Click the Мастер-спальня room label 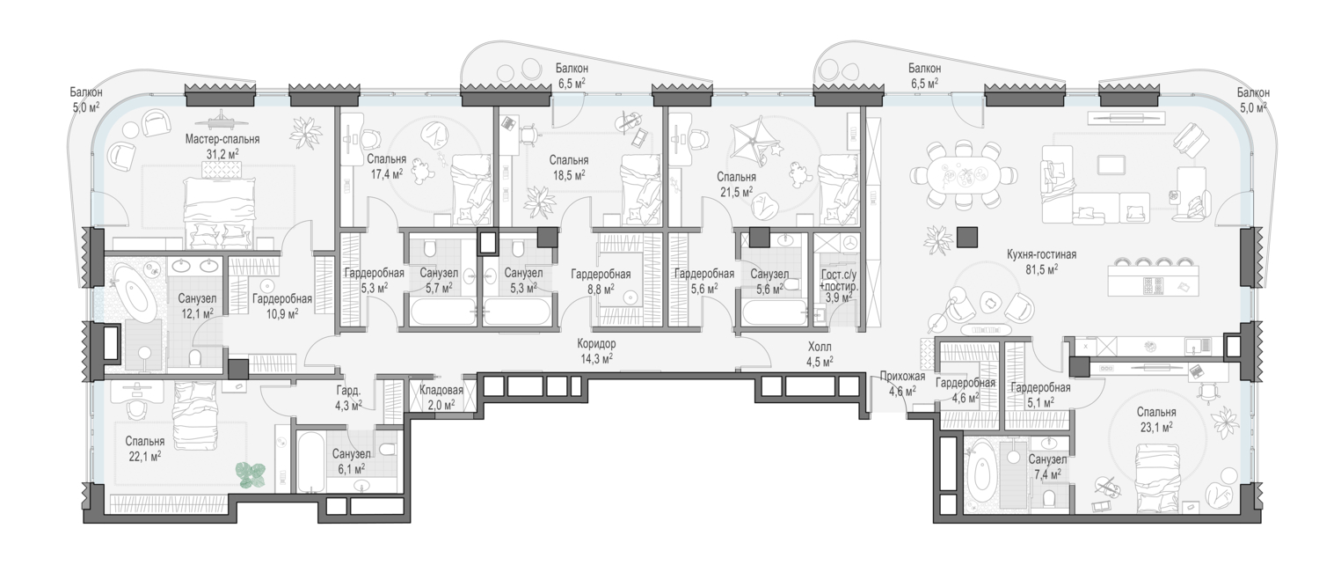(x=222, y=140)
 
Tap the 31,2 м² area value (x=222, y=154)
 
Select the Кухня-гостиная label (x=1041, y=254)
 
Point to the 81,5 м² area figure (x=1041, y=269)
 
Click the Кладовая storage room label (x=441, y=390)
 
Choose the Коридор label (x=596, y=343)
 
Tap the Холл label (x=820, y=347)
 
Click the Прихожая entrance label (x=903, y=377)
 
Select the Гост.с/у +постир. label (x=840, y=281)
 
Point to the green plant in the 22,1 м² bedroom (x=251, y=475)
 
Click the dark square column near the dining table (x=967, y=237)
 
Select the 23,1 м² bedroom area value (x=1156, y=427)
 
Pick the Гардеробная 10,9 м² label (x=282, y=305)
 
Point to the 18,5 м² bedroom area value (x=568, y=175)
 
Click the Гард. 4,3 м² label (x=348, y=397)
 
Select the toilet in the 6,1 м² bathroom (x=388, y=450)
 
